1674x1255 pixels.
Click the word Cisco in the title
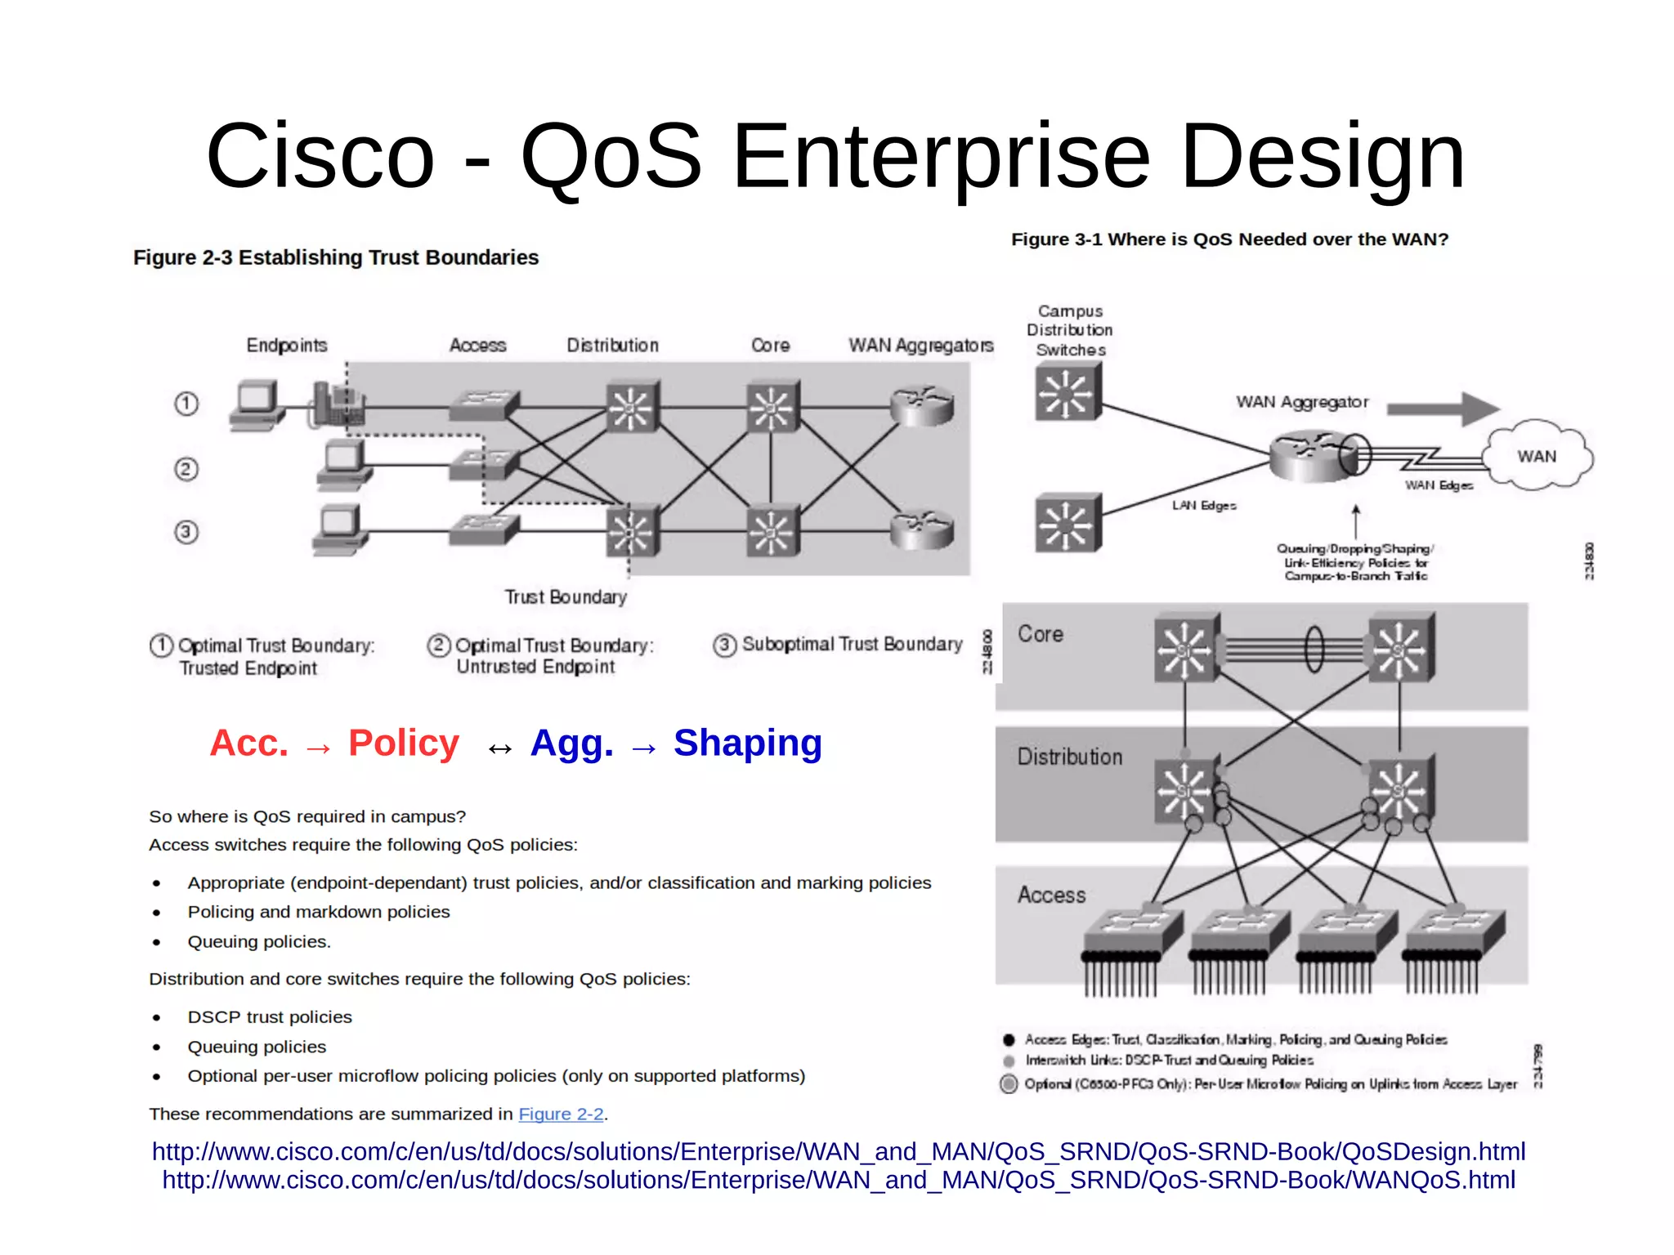pos(320,155)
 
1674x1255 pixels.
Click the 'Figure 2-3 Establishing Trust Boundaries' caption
pos(336,257)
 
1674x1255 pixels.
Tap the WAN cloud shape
pos(1537,456)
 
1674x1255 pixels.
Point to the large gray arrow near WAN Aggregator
pos(1443,408)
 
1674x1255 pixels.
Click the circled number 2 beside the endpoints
pos(186,469)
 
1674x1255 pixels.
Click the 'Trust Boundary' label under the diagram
pos(566,597)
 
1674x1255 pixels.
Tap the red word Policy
pos(404,744)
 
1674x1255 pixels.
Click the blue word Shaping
pos(747,744)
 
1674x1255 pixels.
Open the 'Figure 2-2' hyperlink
pos(561,1114)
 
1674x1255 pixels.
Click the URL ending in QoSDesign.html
pos(839,1152)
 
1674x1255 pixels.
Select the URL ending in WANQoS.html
pos(839,1181)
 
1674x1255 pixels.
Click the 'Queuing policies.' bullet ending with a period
pos(259,942)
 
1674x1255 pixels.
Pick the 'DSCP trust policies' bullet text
pos(270,1017)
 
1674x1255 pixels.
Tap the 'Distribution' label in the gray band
pos(1070,757)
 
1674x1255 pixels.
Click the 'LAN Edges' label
pos(1204,506)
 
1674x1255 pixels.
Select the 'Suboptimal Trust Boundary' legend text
pos(852,645)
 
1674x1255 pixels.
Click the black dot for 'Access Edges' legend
pos(1009,1040)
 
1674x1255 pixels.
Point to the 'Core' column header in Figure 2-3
pos(770,346)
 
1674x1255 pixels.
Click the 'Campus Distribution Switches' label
pos(1070,330)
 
